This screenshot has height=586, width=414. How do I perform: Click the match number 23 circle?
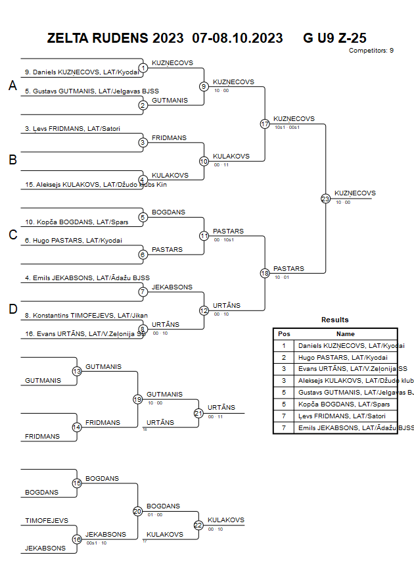pos(325,198)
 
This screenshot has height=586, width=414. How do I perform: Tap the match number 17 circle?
pos(265,124)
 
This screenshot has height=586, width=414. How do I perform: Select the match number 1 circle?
pos(143,68)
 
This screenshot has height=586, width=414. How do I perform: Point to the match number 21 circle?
pos(198,413)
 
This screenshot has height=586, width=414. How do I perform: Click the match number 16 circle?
pos(77,539)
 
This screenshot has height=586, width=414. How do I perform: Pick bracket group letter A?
pos(12,86)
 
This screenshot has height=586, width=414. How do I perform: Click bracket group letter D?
pos(12,310)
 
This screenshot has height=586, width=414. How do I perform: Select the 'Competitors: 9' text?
pos(371,51)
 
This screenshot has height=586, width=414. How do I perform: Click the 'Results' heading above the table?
pos(335,320)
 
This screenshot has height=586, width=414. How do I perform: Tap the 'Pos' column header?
pos(284,334)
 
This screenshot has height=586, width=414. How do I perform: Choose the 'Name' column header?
pos(346,334)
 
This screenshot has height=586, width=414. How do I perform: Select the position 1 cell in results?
pos(284,345)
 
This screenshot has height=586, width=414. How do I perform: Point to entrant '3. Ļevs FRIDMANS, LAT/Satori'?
pos(73,128)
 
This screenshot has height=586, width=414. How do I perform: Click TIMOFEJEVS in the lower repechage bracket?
pos(47,520)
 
